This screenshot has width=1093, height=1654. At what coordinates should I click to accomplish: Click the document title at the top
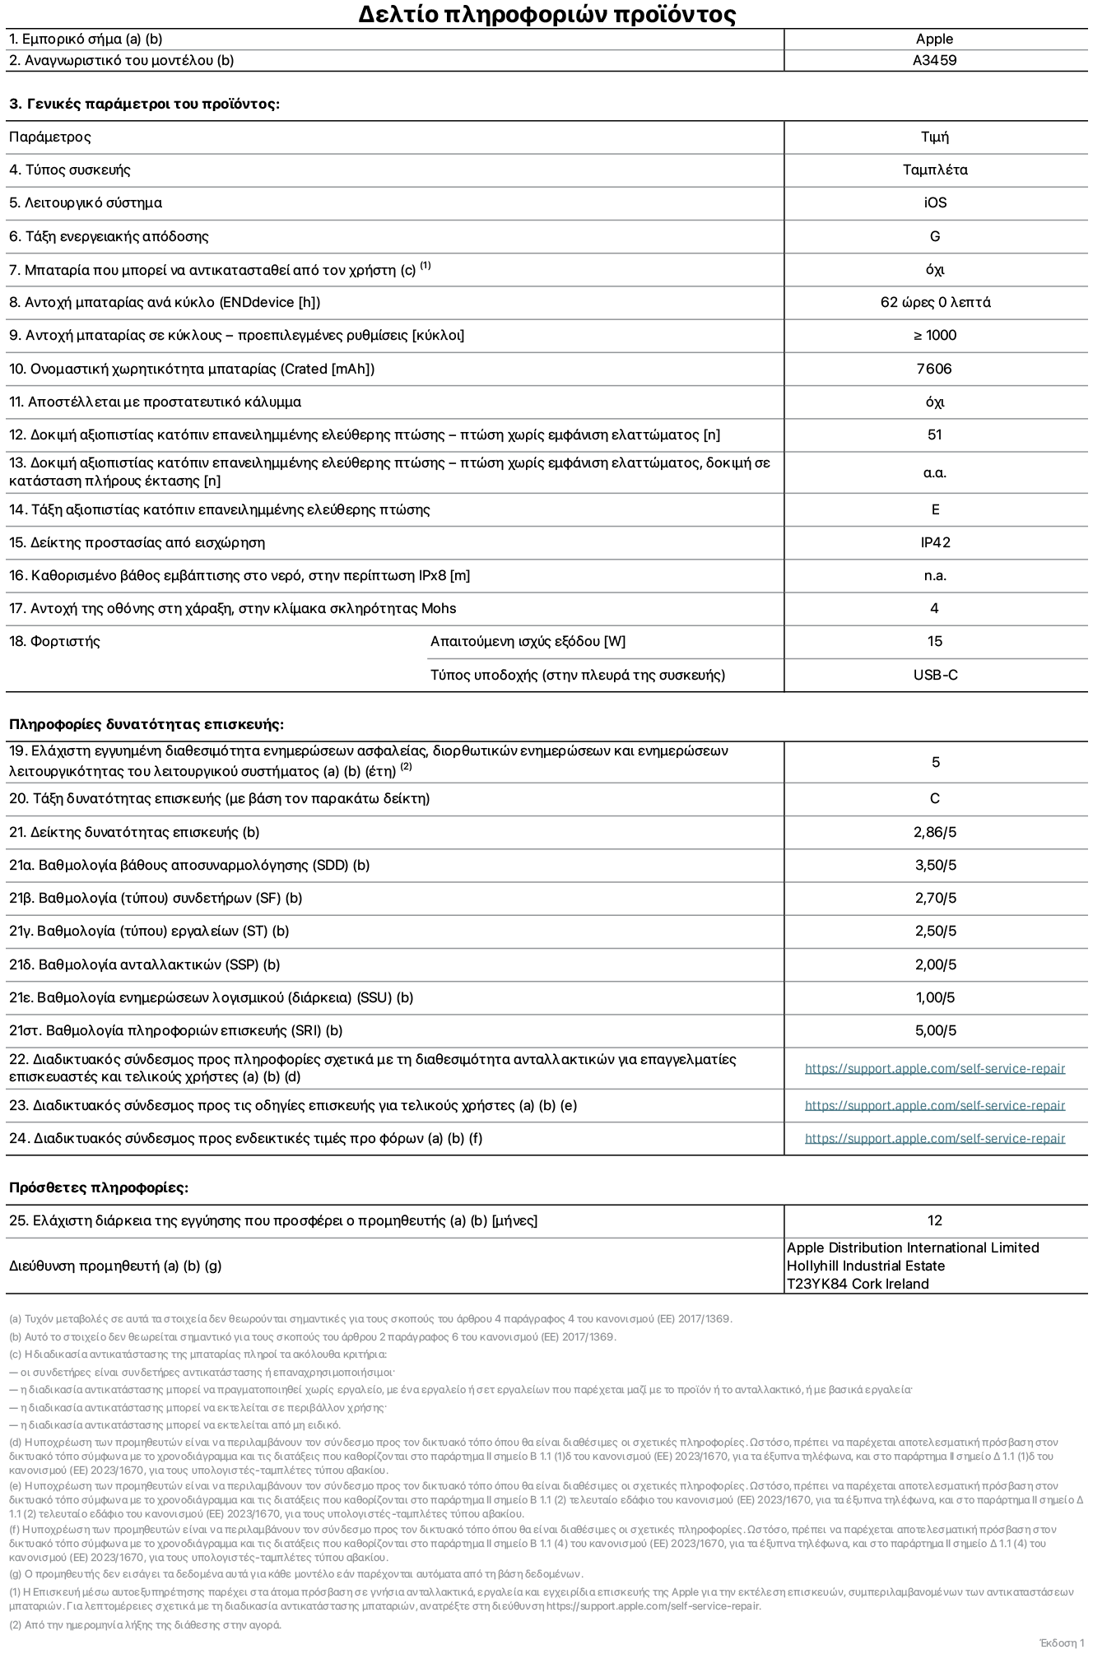tap(546, 14)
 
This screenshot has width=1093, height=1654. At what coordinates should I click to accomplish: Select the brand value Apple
tap(934, 39)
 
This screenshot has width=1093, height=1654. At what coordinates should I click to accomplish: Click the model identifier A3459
tap(934, 60)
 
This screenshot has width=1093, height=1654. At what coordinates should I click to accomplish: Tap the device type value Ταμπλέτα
tap(934, 170)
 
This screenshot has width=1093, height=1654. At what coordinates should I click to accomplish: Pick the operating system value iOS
tap(934, 202)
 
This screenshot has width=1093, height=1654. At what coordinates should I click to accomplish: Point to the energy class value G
tap(934, 236)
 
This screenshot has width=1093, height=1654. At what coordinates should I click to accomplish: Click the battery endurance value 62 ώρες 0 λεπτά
tap(934, 302)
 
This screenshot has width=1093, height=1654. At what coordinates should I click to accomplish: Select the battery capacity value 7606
tap(934, 369)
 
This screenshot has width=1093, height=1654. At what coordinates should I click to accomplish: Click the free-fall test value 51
tap(934, 434)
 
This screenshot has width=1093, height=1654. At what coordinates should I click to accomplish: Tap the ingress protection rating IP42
tap(934, 542)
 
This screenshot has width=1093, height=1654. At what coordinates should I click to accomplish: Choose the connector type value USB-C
tap(934, 675)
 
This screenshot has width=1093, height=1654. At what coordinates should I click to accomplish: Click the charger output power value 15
tap(934, 641)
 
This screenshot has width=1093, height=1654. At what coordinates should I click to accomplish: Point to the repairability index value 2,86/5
tap(934, 832)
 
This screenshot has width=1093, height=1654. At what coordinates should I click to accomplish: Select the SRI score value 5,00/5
tap(934, 1030)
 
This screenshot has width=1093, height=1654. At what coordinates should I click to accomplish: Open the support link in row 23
tap(934, 1105)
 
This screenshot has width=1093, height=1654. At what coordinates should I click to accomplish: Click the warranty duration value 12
tap(934, 1220)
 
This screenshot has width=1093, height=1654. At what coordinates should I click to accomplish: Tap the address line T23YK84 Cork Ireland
tap(858, 1284)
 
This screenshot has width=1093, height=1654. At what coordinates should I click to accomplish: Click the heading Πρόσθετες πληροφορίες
tap(99, 1187)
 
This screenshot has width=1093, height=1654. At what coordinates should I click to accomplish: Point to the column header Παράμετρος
tap(50, 137)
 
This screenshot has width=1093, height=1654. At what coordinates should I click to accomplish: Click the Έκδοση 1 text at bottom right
tap(1062, 1642)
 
